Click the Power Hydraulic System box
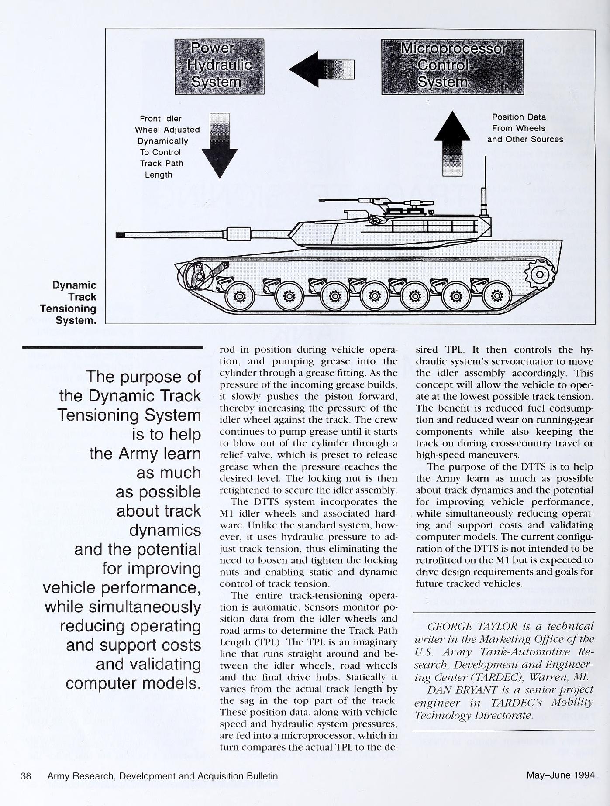tap(219, 66)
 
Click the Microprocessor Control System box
tap(452, 66)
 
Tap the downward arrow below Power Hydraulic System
tap(220, 145)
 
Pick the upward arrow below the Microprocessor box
tap(452, 144)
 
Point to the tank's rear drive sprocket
tap(540, 274)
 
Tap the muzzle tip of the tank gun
tap(119, 235)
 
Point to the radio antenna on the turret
tap(484, 188)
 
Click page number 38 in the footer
tap(26, 776)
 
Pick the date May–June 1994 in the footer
tap(560, 775)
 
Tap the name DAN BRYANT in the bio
tap(458, 690)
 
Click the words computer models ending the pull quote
tap(133, 683)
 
